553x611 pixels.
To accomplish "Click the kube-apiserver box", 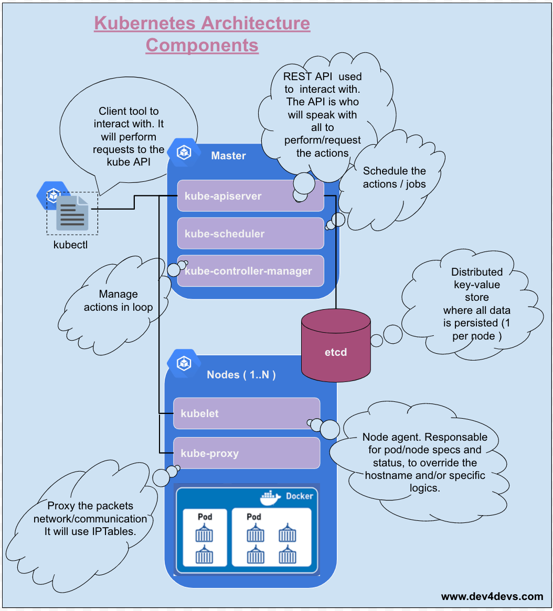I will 250,196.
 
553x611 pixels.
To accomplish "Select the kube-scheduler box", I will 250,234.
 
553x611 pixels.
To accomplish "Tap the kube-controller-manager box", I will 250,271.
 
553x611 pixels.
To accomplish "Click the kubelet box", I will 246,413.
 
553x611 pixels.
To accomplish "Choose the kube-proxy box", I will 246,453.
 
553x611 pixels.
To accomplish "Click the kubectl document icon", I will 72,213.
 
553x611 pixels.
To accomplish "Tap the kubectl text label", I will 70,244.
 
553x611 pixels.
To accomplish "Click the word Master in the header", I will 228,156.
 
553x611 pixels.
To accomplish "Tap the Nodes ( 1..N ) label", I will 241,375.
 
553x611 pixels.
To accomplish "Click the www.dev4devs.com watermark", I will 492,596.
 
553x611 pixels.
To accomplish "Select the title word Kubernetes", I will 145,24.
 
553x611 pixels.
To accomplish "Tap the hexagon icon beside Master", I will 184,152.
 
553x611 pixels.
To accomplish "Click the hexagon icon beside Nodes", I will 183,362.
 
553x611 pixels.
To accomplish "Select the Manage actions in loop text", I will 118,301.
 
